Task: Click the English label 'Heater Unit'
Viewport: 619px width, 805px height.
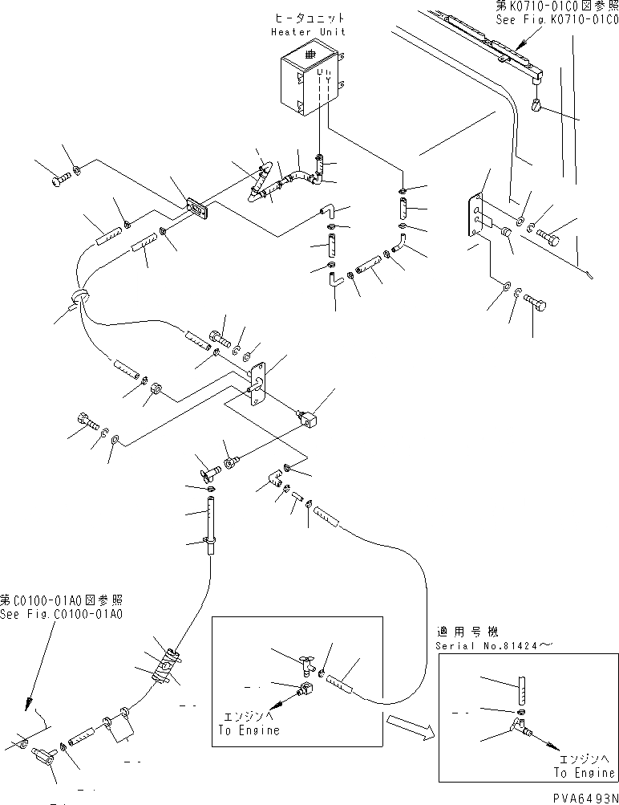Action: tap(308, 31)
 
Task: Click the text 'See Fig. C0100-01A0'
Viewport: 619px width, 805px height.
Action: tap(61, 614)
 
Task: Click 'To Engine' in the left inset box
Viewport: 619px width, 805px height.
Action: tap(249, 730)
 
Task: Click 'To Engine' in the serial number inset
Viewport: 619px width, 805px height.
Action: tap(582, 773)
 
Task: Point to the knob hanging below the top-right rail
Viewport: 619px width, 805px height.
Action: tap(538, 104)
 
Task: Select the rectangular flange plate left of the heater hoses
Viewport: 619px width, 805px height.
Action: tap(196, 209)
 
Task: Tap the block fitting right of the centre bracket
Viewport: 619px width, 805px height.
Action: tap(309, 417)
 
